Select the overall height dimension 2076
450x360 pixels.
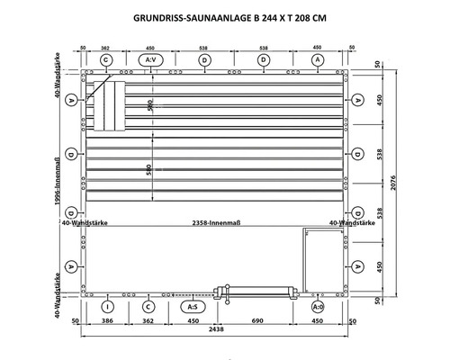pos(422,184)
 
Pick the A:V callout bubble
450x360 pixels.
pos(153,59)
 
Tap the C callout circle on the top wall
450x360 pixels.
pos(106,59)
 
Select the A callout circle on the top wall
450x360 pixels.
pos(318,59)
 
